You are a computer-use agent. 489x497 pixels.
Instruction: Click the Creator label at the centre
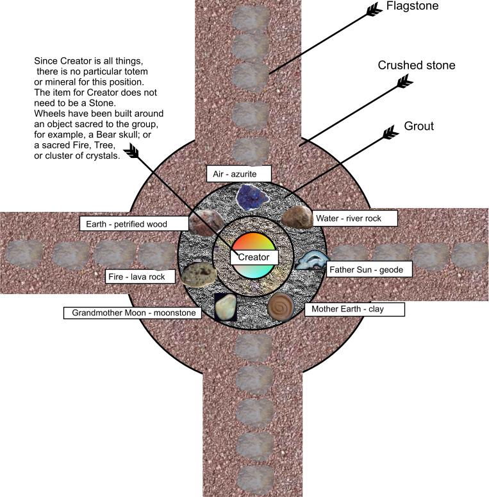(254, 257)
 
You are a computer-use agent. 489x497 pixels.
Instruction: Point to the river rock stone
(296, 218)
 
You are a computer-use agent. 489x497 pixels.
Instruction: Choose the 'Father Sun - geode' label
(366, 270)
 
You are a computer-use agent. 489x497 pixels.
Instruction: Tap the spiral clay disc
(281, 306)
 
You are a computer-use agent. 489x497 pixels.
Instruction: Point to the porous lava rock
(195, 274)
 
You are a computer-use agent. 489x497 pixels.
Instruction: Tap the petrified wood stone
(206, 222)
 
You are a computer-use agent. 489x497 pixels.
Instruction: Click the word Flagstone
(412, 7)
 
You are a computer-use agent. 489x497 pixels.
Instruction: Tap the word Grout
(419, 126)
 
